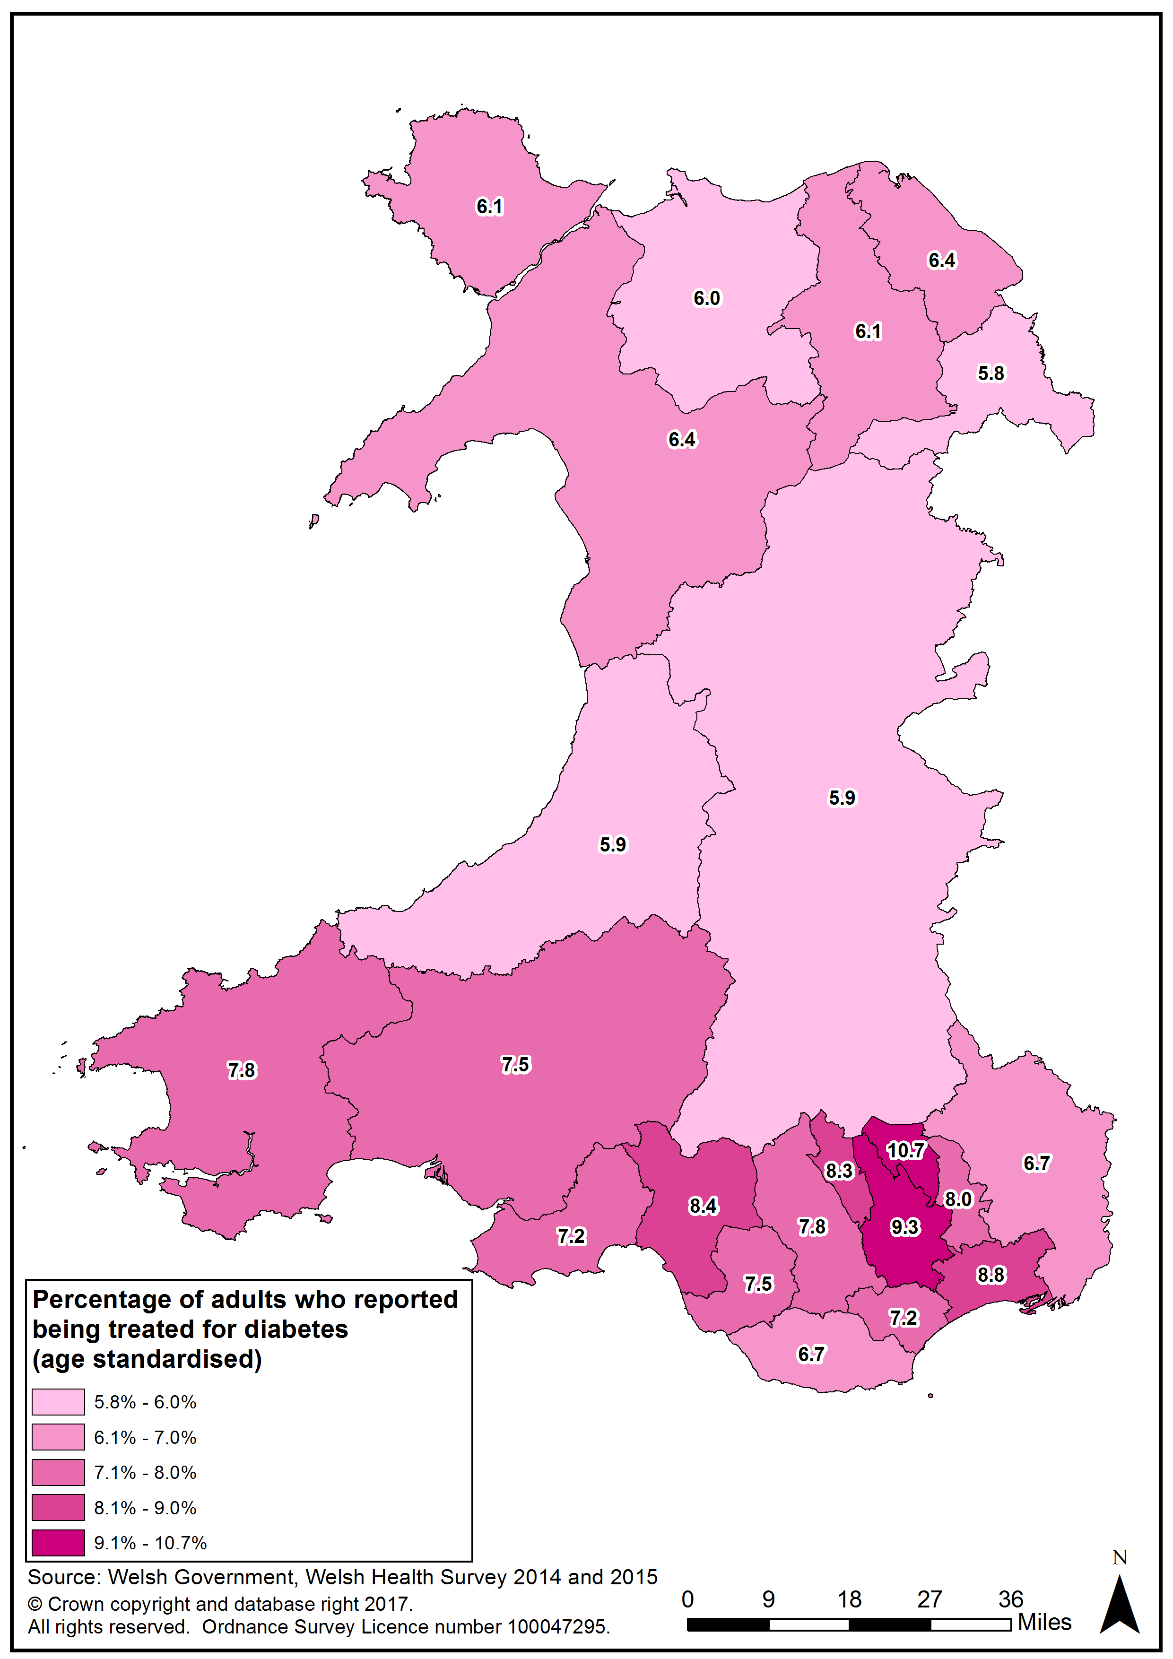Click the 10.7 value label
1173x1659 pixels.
click(x=905, y=1150)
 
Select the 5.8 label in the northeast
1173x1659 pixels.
click(x=991, y=373)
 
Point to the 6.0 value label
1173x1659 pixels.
click(x=707, y=298)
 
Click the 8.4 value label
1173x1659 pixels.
click(x=703, y=1206)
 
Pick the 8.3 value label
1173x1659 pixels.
click(x=839, y=1171)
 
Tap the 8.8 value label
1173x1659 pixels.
click(x=991, y=1275)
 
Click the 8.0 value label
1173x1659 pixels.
click(x=958, y=1199)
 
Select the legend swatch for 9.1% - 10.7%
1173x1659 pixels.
click(x=58, y=1543)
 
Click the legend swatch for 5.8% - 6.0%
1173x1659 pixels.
click(x=58, y=1402)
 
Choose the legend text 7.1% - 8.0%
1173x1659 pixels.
click(x=145, y=1473)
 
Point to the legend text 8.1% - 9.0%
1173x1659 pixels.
click(x=145, y=1508)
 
